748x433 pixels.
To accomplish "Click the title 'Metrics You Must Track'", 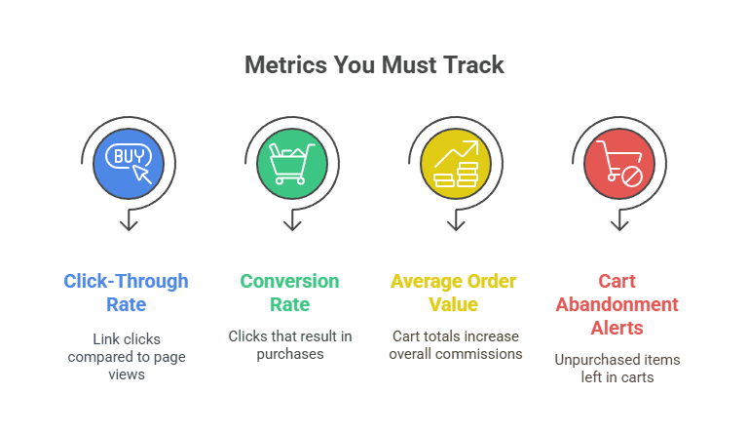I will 374,65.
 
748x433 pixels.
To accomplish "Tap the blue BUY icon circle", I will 127,162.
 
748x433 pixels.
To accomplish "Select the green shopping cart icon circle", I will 290,162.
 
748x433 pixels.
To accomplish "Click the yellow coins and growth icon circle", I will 455,162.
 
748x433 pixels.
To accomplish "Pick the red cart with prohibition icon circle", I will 618,162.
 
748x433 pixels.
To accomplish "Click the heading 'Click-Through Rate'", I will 127,293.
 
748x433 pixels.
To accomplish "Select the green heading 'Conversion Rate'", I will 290,293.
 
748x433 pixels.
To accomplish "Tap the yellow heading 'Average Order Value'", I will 455,293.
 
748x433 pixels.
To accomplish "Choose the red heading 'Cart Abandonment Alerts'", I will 617,303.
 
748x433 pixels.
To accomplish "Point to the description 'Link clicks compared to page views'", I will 127,357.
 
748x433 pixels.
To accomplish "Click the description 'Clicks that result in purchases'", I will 290,345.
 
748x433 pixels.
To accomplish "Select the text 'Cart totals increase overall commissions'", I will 455,345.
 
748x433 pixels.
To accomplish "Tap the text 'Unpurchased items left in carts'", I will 617,369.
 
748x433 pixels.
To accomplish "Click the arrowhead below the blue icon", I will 127,225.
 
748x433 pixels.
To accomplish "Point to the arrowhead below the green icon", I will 290,225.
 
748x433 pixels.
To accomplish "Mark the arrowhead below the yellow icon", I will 455,225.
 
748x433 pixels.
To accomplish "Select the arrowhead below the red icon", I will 618,225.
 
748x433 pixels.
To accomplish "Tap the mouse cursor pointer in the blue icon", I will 142,174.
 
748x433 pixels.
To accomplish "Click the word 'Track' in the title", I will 474,65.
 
